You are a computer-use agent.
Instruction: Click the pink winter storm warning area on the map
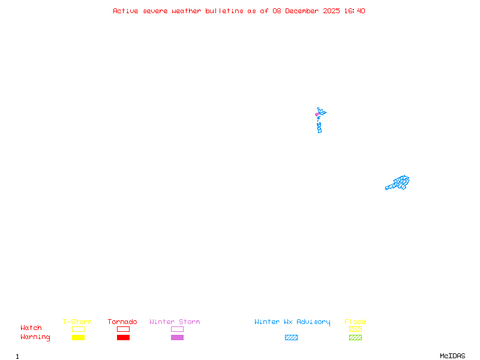(x=317, y=114)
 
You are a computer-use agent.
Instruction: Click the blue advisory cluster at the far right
(x=398, y=182)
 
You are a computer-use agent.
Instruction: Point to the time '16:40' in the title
(x=355, y=11)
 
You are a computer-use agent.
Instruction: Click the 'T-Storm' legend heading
(x=77, y=322)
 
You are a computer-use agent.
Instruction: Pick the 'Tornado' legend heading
(x=122, y=322)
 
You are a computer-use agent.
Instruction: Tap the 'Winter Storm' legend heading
(x=175, y=322)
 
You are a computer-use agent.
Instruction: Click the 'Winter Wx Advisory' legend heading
(x=292, y=322)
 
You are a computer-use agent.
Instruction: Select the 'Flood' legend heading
(x=355, y=322)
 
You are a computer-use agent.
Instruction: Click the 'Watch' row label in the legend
(x=31, y=328)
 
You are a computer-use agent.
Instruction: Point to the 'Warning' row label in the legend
(x=35, y=337)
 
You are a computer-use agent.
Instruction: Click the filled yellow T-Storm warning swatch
(x=78, y=337)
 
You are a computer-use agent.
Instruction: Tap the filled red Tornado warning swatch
(x=123, y=337)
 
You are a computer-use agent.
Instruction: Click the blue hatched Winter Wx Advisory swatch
(x=291, y=337)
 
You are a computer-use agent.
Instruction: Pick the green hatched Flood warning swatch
(x=355, y=337)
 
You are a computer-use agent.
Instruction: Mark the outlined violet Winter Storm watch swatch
(x=177, y=329)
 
